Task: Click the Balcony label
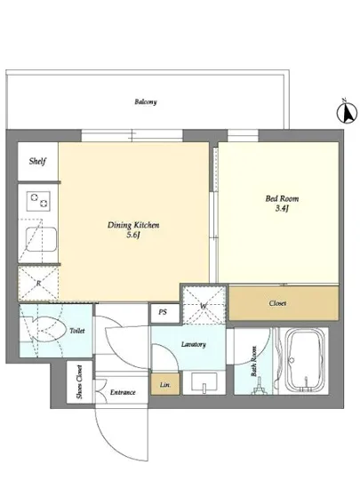146,101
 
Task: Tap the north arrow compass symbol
347,111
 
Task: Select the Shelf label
37,161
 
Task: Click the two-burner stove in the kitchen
38,201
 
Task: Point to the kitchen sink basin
41,239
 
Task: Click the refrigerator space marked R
38,283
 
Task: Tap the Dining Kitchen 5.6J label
133,229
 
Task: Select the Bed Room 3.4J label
282,204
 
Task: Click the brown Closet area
284,303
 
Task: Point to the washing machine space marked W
204,305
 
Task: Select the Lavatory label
194,344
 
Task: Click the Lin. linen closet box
165,384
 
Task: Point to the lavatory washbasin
204,382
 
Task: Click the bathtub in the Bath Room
305,362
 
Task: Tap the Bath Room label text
253,361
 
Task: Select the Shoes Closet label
80,381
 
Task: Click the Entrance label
123,392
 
